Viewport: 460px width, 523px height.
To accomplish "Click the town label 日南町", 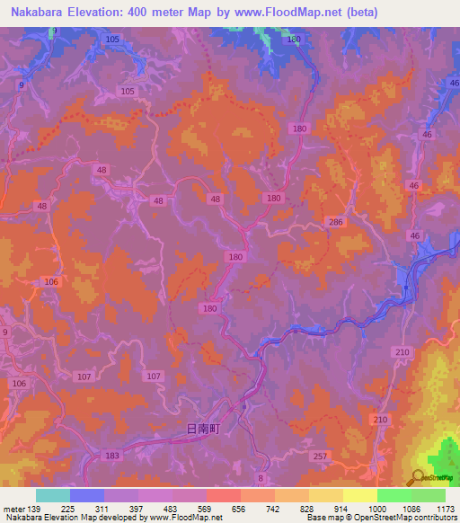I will point(202,430).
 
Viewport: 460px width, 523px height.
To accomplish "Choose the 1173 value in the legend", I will point(445,509).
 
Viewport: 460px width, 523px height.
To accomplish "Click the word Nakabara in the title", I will point(40,13).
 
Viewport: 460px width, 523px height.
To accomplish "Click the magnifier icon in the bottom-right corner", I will point(418,477).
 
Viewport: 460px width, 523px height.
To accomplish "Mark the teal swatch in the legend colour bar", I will point(53,495).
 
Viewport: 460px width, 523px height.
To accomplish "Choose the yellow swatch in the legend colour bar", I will point(359,495).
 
